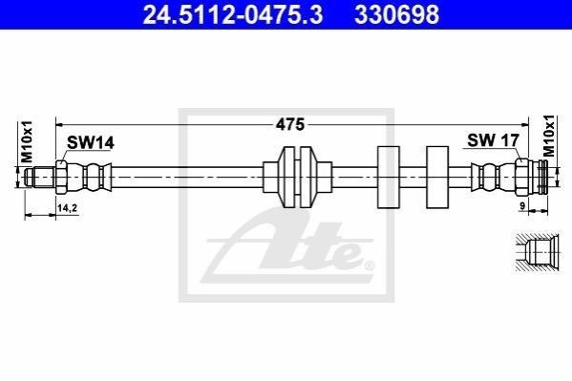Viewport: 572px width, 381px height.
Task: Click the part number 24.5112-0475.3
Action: pyautogui.click(x=232, y=14)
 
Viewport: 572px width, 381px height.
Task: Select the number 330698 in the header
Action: pyautogui.click(x=396, y=14)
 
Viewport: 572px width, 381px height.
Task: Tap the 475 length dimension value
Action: pyautogui.click(x=290, y=125)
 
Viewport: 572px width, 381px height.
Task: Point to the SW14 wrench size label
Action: pyautogui.click(x=90, y=142)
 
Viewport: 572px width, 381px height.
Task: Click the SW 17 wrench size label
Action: pyautogui.click(x=493, y=140)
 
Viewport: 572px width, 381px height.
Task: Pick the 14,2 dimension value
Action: pyautogui.click(x=67, y=208)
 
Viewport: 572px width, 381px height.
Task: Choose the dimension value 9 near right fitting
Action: pyautogui.click(x=522, y=206)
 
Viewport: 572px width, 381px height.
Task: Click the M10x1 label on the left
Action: pyautogui.click(x=27, y=141)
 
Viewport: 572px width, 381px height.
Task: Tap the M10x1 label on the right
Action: pyautogui.click(x=548, y=136)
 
